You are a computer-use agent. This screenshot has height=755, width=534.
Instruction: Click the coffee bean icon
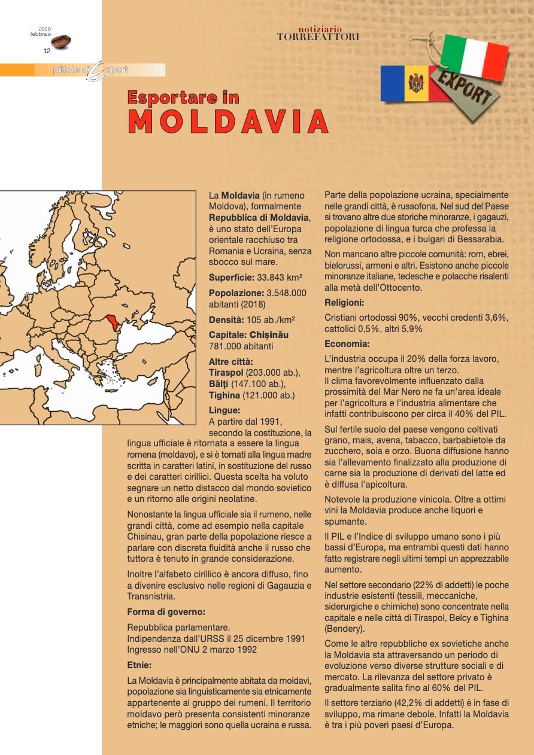tap(61, 41)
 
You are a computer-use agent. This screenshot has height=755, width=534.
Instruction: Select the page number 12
tap(47, 51)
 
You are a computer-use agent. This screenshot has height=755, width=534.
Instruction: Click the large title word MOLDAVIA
tap(228, 122)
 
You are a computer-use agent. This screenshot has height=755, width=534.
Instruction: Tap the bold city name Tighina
tap(225, 395)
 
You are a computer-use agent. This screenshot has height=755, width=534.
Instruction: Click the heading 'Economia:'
tap(347, 344)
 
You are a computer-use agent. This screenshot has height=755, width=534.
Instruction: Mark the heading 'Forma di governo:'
tap(166, 612)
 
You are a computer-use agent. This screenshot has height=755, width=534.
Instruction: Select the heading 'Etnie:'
tap(139, 664)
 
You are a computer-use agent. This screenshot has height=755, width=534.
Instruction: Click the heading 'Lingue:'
tap(224, 410)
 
